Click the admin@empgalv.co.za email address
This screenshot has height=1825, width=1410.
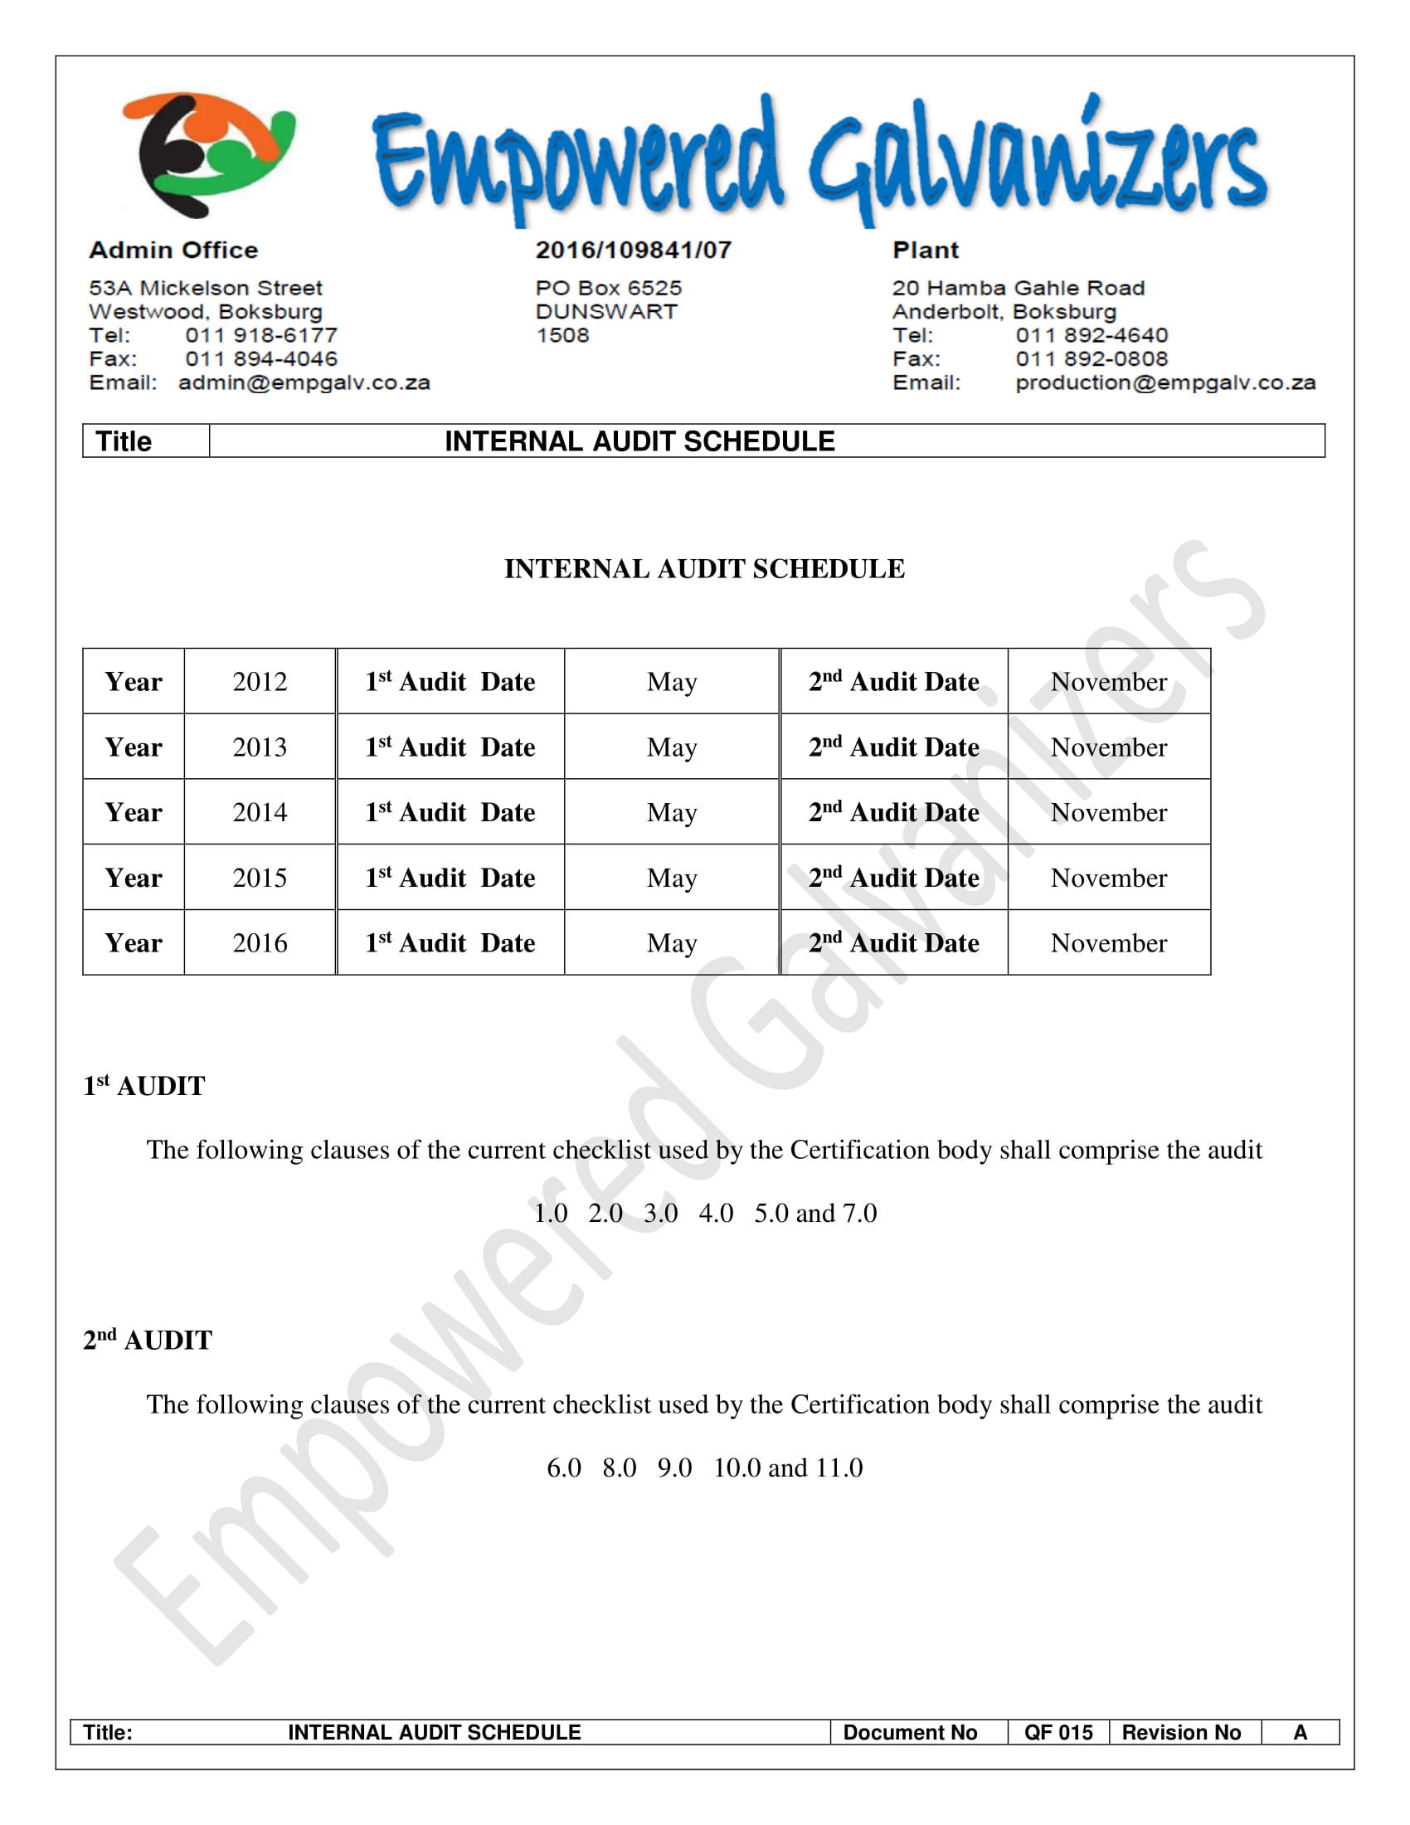pyautogui.click(x=304, y=382)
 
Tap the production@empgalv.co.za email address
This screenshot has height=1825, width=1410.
pyautogui.click(x=1165, y=382)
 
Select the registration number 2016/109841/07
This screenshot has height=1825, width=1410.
pyautogui.click(x=633, y=250)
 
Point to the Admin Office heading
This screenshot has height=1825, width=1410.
pyautogui.click(x=173, y=250)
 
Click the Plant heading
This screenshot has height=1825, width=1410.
pyautogui.click(x=926, y=250)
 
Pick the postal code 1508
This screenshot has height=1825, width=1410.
pyautogui.click(x=562, y=335)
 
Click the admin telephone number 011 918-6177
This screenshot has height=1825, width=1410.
pyautogui.click(x=261, y=335)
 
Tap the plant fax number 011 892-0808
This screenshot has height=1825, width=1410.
pyautogui.click(x=1092, y=358)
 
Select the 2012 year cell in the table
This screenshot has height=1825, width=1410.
pyautogui.click(x=260, y=682)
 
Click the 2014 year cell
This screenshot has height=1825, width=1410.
pyautogui.click(x=260, y=812)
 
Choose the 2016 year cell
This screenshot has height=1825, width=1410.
pyautogui.click(x=260, y=942)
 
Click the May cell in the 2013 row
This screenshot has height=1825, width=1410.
pyautogui.click(x=672, y=747)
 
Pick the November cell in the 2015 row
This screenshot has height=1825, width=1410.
pyautogui.click(x=1108, y=878)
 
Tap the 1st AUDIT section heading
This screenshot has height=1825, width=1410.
pyautogui.click(x=143, y=1086)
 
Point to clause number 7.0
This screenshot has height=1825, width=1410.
pyautogui.click(x=859, y=1213)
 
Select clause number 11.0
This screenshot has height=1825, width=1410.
pyautogui.click(x=839, y=1467)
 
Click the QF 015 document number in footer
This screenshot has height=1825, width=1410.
pyautogui.click(x=1058, y=1732)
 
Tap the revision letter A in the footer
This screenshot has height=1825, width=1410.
pyautogui.click(x=1300, y=1732)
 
